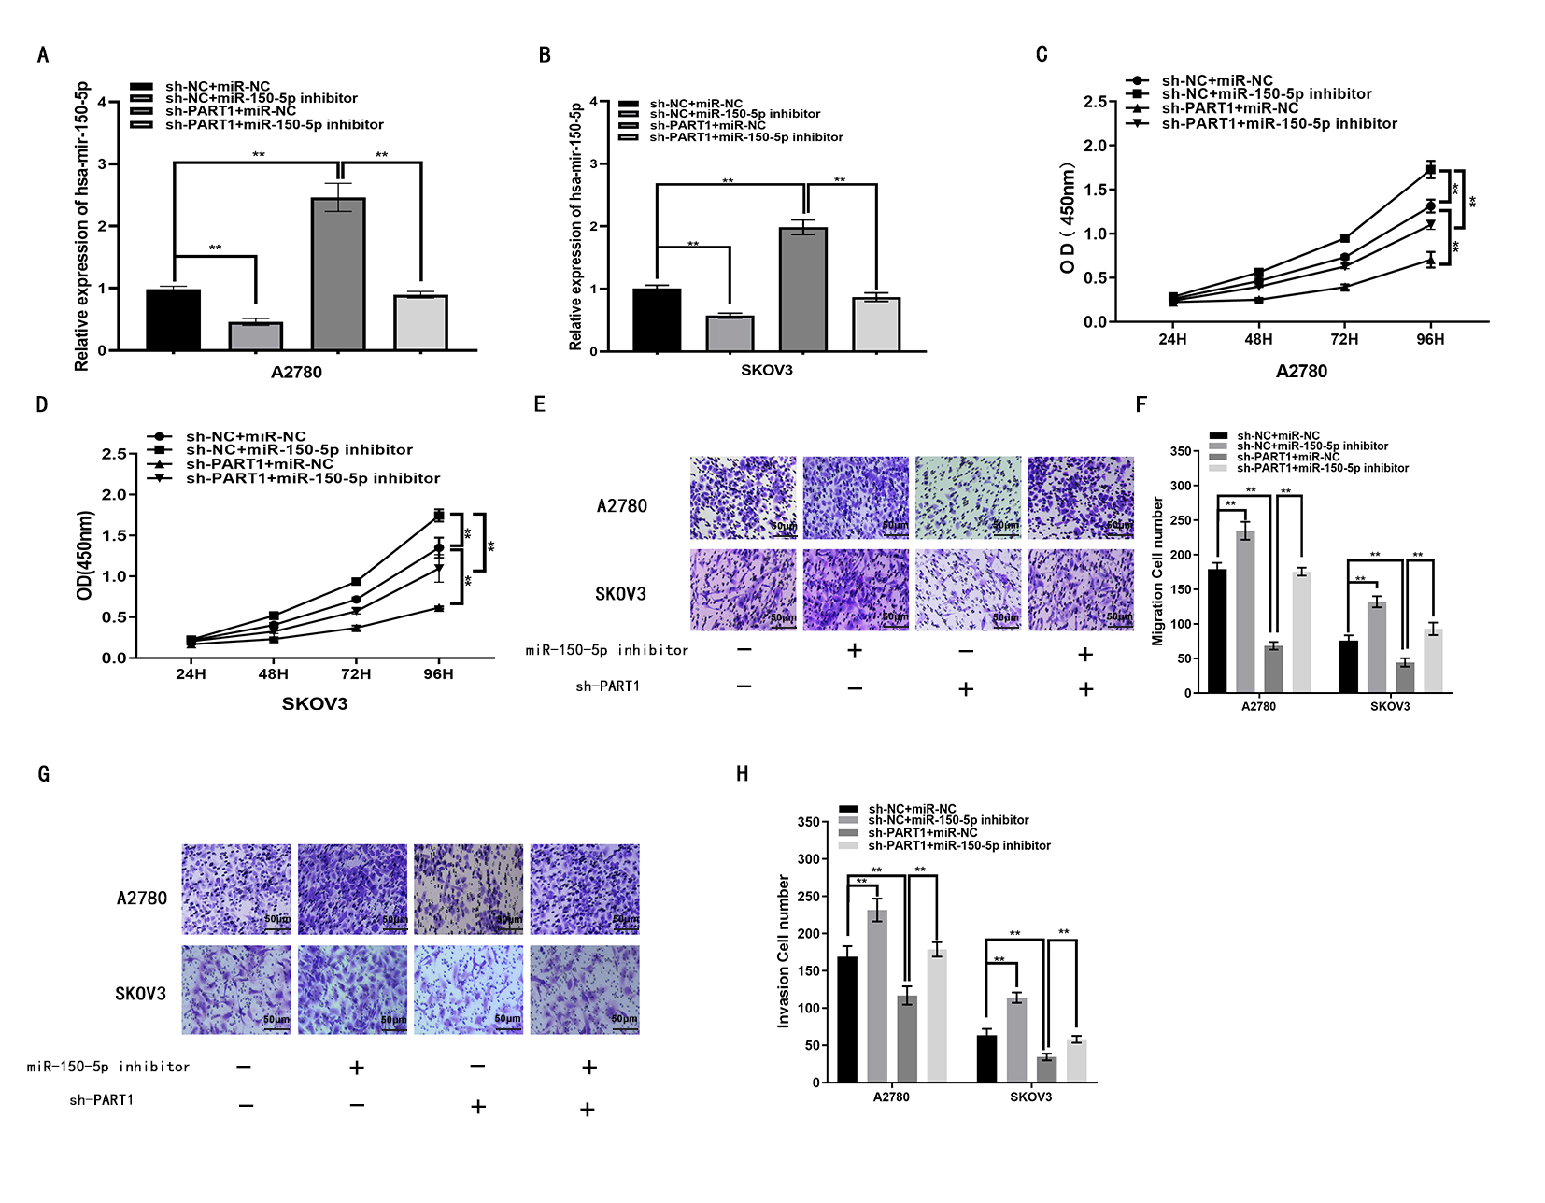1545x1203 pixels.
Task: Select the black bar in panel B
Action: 657,319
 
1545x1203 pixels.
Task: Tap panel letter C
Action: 1042,54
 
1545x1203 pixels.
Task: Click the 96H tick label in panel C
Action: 1429,339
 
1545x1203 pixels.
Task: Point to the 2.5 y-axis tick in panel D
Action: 114,454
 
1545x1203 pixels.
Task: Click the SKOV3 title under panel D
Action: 315,703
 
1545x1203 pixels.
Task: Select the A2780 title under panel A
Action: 296,372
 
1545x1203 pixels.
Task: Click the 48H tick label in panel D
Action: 273,673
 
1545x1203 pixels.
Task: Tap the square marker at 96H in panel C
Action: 1430,170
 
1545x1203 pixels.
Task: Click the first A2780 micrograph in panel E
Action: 744,498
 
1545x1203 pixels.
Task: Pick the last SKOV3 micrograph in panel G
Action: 585,989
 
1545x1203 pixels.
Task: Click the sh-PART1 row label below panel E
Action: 607,686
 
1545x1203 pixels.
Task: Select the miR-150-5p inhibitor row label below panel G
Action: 108,1067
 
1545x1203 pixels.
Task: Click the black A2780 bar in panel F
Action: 1217,630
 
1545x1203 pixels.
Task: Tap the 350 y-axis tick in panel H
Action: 808,822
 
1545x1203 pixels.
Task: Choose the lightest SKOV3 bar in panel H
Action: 1076,1060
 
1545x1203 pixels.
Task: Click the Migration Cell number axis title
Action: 1158,571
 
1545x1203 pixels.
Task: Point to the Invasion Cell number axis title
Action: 784,951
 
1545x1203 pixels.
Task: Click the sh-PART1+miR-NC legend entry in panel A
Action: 230,111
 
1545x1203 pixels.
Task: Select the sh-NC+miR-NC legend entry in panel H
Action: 912,809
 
